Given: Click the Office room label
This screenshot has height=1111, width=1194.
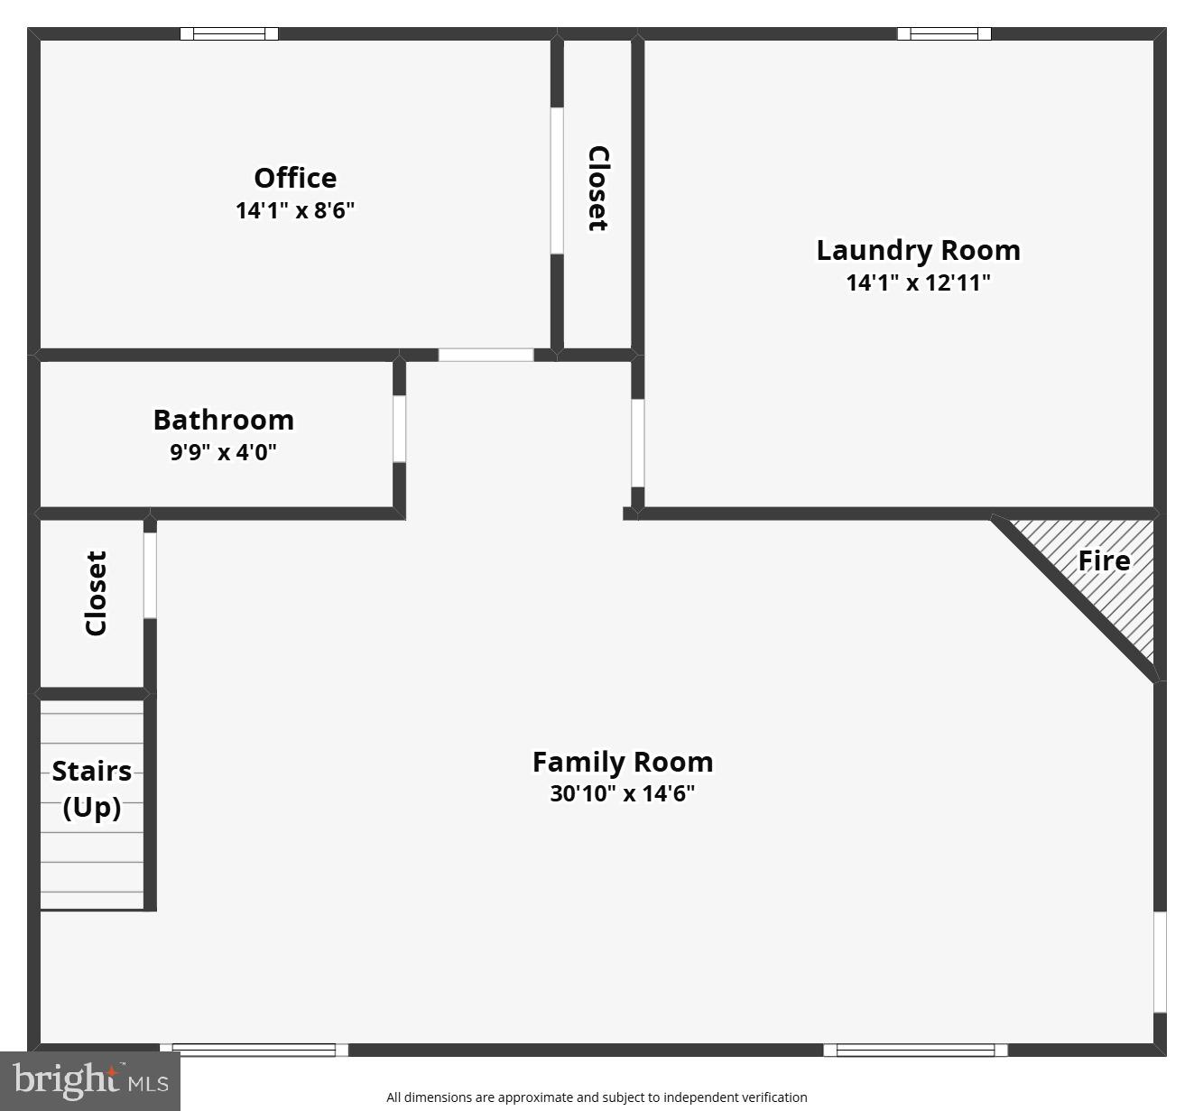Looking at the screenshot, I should (295, 178).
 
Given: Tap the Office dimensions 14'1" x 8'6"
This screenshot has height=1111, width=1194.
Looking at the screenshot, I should (295, 210).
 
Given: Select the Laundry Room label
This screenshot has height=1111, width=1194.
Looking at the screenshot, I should (918, 250).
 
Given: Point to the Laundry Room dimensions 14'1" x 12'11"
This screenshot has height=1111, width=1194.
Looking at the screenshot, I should (918, 282).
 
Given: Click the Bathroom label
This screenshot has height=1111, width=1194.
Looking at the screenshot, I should (223, 420).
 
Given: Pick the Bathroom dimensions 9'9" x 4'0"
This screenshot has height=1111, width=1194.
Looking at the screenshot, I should (223, 451).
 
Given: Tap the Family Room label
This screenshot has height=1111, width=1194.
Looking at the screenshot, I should (622, 762).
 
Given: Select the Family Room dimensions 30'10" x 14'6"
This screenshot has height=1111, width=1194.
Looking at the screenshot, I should (622, 793).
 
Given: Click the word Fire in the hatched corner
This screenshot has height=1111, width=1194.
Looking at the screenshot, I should (1103, 560).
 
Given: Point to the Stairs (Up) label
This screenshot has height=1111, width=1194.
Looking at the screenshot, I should (91, 788).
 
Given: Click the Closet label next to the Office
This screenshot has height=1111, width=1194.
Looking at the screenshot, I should (597, 188).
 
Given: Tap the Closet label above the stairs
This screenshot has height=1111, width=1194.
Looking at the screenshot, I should (96, 593).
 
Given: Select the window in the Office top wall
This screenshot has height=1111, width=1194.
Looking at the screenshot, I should (229, 34).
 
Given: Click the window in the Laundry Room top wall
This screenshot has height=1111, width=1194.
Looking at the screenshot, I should (944, 34).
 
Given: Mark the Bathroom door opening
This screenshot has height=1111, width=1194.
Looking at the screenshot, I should (399, 429).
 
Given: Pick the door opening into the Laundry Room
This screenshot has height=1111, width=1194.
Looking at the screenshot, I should (637, 442).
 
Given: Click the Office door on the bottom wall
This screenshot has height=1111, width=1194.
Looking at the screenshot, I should (486, 355).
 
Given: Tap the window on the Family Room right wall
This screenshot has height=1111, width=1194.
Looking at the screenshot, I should (1160, 961).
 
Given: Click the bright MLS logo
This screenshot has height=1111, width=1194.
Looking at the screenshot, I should (90, 1080).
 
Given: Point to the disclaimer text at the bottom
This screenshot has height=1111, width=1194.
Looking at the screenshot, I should (597, 1097).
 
